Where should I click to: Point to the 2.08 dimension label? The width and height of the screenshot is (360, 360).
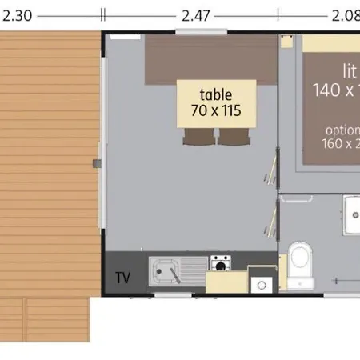(345, 14)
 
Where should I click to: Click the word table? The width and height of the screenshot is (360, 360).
(216, 94)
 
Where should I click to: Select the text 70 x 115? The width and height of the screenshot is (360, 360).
(216, 110)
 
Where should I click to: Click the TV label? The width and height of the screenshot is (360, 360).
(122, 278)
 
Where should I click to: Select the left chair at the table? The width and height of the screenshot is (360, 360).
(197, 138)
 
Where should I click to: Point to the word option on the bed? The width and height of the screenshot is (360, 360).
(342, 130)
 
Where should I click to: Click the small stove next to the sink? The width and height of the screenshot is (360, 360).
(220, 262)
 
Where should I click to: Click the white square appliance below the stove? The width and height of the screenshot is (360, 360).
(261, 284)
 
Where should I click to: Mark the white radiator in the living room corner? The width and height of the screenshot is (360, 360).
(122, 38)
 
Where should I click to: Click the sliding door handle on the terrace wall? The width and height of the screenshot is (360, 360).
(97, 162)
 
